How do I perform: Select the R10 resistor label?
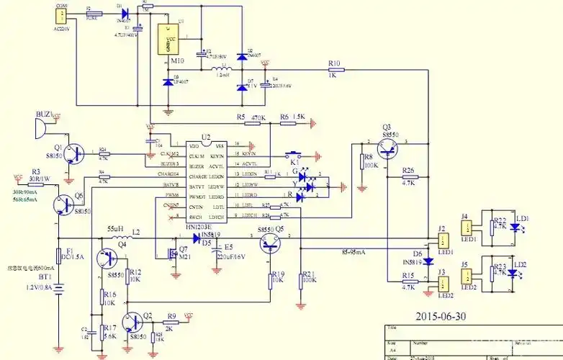click(333, 63)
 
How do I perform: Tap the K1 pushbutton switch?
click(294, 155)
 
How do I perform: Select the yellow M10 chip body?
click(167, 41)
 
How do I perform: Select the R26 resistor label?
click(408, 171)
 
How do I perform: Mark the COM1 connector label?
click(61, 5)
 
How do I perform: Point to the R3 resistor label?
click(35, 172)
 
